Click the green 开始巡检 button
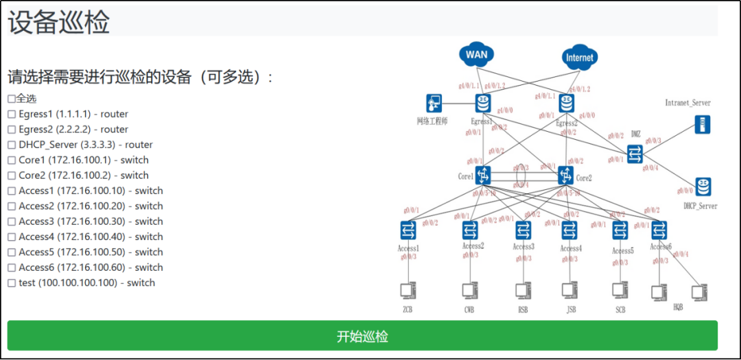point(362,336)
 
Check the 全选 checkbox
point(12,99)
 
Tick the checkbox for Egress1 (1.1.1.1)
point(12,114)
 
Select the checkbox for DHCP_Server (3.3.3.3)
point(12,145)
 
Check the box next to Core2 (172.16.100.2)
point(12,176)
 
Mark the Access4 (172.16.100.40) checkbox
point(12,237)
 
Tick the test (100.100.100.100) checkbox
point(12,283)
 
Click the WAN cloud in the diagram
point(478,54)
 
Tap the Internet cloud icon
point(578,58)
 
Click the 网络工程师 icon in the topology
point(434,104)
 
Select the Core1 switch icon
point(484,176)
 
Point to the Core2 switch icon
point(565,176)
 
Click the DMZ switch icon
point(635,154)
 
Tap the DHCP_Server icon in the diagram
point(702,187)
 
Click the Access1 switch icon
point(409,230)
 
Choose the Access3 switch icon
point(523,230)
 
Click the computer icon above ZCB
point(409,291)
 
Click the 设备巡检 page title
point(59,22)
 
